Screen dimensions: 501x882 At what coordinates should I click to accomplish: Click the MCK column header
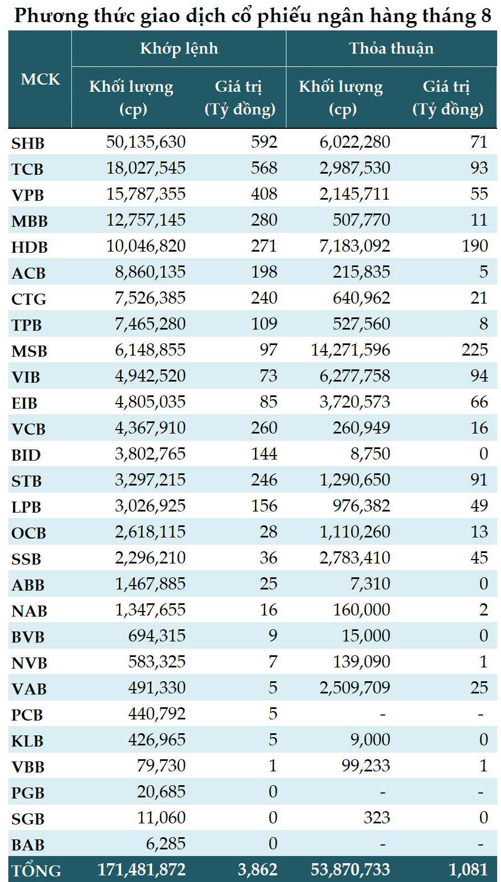click(x=40, y=79)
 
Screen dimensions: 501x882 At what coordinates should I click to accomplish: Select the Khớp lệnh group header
click(x=179, y=49)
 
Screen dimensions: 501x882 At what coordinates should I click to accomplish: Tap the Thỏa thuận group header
click(x=392, y=49)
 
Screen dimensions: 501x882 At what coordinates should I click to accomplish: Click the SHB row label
click(x=28, y=143)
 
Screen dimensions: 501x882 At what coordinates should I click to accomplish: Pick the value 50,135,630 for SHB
click(x=146, y=142)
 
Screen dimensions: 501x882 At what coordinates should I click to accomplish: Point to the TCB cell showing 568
click(x=264, y=168)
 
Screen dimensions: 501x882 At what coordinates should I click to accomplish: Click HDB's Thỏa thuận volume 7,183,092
click(x=354, y=246)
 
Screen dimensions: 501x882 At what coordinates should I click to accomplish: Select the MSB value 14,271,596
click(x=351, y=350)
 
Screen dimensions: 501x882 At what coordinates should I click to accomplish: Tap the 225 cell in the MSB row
click(x=474, y=349)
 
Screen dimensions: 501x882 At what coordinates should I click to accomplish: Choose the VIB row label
click(x=25, y=377)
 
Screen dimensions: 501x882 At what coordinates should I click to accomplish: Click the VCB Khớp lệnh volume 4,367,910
click(x=150, y=428)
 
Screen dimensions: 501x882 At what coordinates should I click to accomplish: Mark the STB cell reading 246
click(x=264, y=479)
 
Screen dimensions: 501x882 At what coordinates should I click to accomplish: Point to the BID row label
click(x=26, y=455)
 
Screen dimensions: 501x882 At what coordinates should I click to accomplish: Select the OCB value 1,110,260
click(x=354, y=532)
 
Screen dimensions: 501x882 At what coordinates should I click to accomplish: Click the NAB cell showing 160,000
click(x=362, y=610)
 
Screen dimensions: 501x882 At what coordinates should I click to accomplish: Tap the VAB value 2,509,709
click(x=354, y=688)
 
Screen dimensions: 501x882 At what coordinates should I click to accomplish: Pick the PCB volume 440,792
click(x=156, y=714)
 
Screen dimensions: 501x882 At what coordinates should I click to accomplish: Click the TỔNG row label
click(x=36, y=870)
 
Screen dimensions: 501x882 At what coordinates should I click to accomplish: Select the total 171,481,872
click(x=142, y=870)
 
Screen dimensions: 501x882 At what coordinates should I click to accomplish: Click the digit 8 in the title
click(x=486, y=15)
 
